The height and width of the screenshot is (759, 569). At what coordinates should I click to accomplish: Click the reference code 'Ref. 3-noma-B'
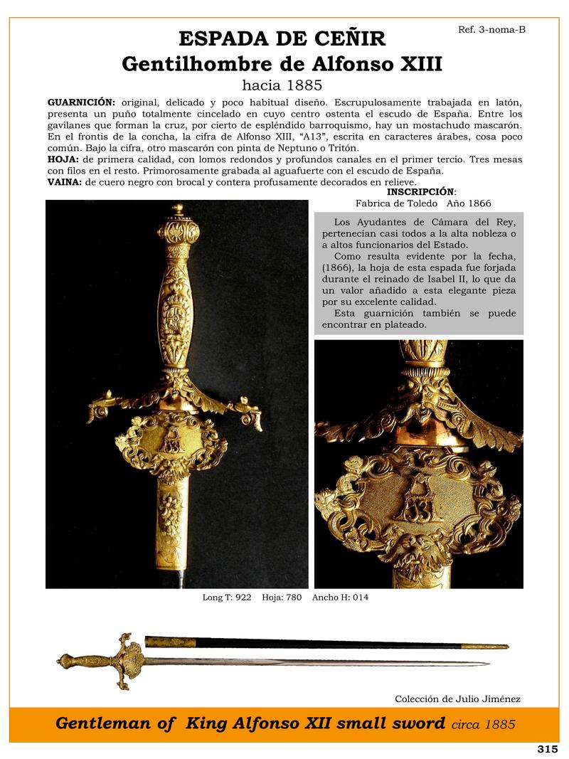pyautogui.click(x=492, y=30)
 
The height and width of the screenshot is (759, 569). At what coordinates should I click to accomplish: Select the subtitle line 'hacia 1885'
pyautogui.click(x=282, y=85)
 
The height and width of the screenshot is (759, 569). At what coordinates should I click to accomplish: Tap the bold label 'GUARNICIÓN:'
pyautogui.click(x=81, y=102)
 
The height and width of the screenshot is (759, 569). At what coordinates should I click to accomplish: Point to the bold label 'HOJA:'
pyautogui.click(x=63, y=159)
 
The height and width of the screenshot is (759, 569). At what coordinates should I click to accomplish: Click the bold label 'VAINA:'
pyautogui.click(x=65, y=182)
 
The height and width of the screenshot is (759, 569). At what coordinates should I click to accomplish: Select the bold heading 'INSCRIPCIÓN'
pyautogui.click(x=420, y=192)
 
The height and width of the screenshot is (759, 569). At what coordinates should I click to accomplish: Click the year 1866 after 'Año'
pyautogui.click(x=477, y=203)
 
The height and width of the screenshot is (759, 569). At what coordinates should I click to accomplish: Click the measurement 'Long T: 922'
pyautogui.click(x=227, y=598)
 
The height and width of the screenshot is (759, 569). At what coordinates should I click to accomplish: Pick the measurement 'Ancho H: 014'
pyautogui.click(x=340, y=598)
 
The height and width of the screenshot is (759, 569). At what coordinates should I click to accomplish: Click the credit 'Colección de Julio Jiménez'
pyautogui.click(x=457, y=699)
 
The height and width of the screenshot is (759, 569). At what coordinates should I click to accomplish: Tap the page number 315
pyautogui.click(x=547, y=749)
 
